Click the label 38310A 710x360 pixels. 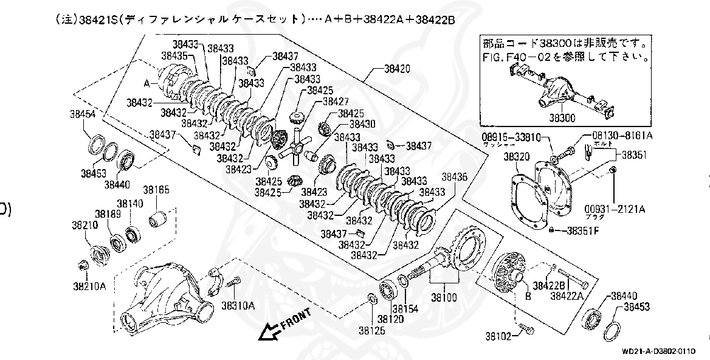(238, 305)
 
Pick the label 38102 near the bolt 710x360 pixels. (498, 335)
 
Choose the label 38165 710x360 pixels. (156, 190)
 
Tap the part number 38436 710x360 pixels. (455, 178)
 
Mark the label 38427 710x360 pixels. (336, 102)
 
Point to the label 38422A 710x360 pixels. (567, 296)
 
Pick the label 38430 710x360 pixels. (362, 123)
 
